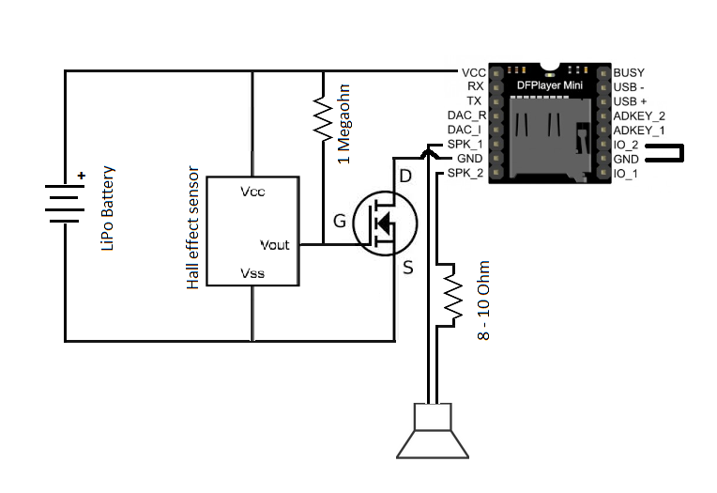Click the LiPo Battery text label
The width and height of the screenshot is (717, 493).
[108, 208]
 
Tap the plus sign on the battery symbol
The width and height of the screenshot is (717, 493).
[82, 176]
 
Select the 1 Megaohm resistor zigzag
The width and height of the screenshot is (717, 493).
[323, 118]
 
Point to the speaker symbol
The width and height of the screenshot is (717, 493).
[433, 430]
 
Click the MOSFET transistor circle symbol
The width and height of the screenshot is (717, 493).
[385, 223]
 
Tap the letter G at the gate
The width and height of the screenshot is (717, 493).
[340, 221]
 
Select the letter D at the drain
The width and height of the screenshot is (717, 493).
[405, 176]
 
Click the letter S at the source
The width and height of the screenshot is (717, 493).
[408, 267]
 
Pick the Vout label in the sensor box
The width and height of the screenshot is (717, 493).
[275, 245]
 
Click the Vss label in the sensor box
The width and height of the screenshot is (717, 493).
[252, 273]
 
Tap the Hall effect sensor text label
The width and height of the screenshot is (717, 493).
[193, 227]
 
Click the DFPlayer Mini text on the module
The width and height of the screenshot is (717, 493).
[550, 85]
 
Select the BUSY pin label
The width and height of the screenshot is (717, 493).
[629, 73]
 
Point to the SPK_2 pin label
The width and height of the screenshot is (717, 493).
[465, 173]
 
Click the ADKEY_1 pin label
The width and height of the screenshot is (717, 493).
[639, 131]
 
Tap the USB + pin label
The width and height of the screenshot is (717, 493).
[630, 101]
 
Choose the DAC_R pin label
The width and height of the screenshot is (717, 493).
[466, 116]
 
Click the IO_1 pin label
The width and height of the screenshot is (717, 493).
[626, 174]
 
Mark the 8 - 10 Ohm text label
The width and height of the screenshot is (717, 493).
[483, 300]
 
